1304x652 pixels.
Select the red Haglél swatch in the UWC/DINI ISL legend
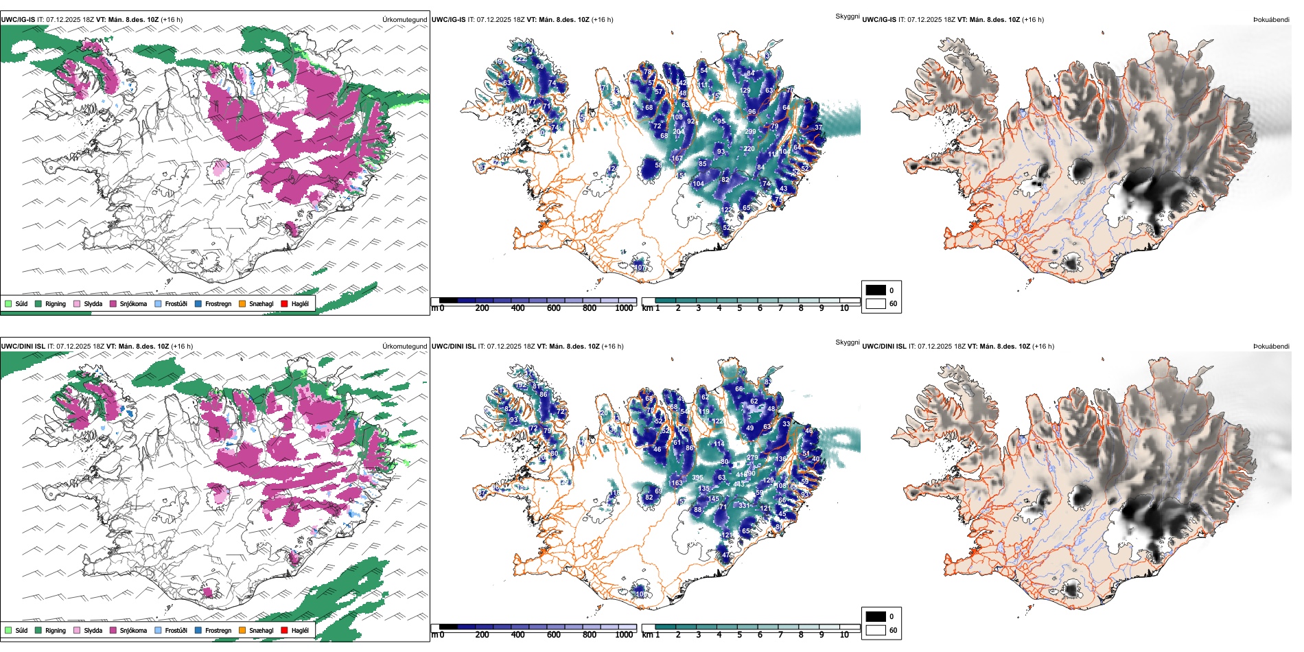click(285, 630)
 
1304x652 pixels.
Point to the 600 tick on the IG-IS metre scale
click(553, 308)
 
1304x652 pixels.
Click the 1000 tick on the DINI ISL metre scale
click(624, 635)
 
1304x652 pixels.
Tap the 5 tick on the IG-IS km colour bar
click(739, 308)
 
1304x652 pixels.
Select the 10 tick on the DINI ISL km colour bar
click(844, 635)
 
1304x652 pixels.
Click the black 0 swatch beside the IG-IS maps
click(876, 290)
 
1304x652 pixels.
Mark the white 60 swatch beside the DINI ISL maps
click(876, 630)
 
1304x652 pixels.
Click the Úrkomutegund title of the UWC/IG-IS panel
click(404, 20)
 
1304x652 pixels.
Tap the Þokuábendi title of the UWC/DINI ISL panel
click(1271, 347)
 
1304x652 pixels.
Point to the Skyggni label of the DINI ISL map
click(847, 342)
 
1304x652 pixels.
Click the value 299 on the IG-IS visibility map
click(750, 132)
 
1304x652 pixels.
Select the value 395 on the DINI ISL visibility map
click(697, 478)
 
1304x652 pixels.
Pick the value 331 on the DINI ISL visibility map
click(744, 506)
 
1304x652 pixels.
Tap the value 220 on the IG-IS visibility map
click(749, 149)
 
